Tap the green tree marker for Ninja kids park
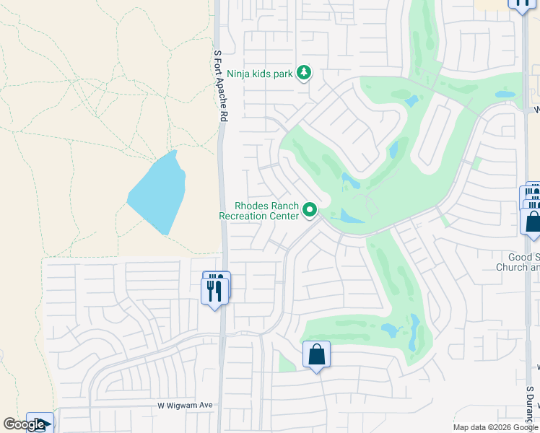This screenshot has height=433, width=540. coord(305,72)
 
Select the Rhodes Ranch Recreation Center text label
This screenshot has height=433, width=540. coord(258,211)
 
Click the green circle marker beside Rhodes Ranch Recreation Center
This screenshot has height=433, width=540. coord(310,211)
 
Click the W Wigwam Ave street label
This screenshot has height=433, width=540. coord(186,406)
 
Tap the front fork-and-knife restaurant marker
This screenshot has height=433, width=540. coord(214,291)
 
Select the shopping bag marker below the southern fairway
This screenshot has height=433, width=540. coord(316,354)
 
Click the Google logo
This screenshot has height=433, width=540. coord(25,424)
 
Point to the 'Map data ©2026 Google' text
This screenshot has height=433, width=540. coord(495,427)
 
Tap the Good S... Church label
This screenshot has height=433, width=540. coord(518,262)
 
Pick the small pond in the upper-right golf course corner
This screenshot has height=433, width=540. coord(505,95)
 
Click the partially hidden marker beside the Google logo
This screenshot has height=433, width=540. coord(40,422)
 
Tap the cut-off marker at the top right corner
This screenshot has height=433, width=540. coord(521,4)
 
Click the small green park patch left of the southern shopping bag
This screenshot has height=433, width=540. coord(287,363)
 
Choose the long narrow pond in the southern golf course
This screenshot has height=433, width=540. coord(413,333)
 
